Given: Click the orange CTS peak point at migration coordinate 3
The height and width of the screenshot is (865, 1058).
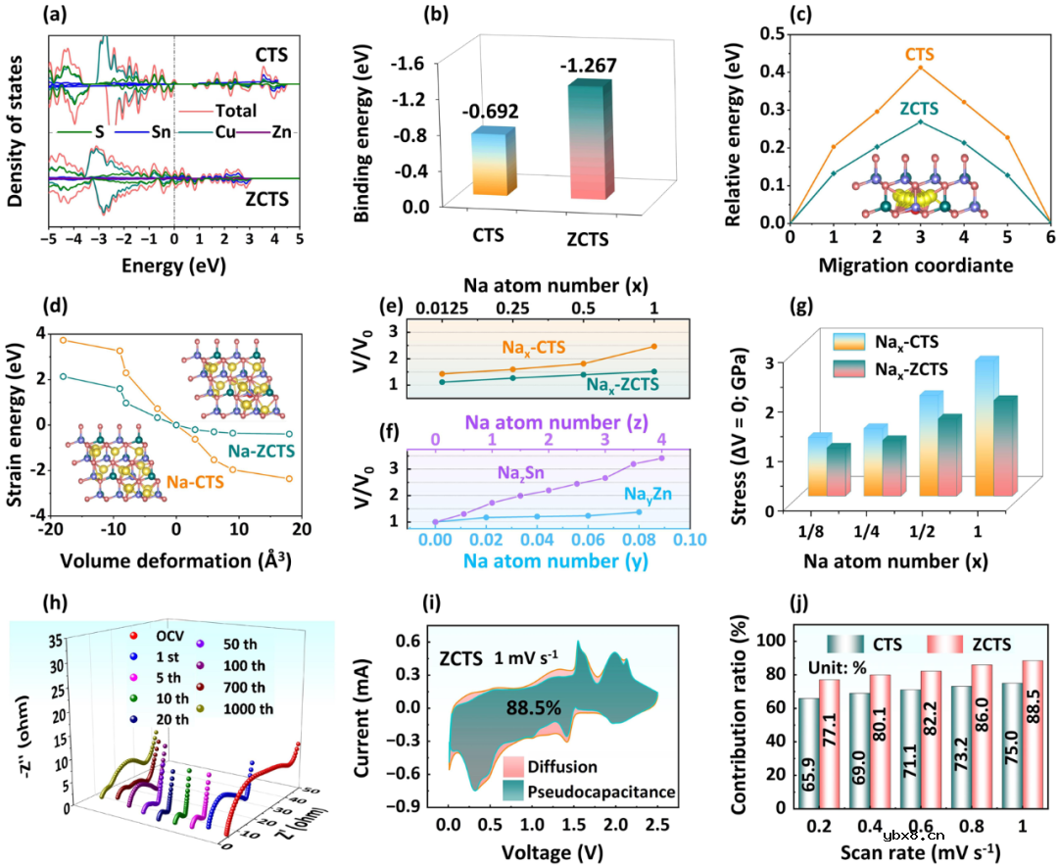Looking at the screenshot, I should coord(920,67).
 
